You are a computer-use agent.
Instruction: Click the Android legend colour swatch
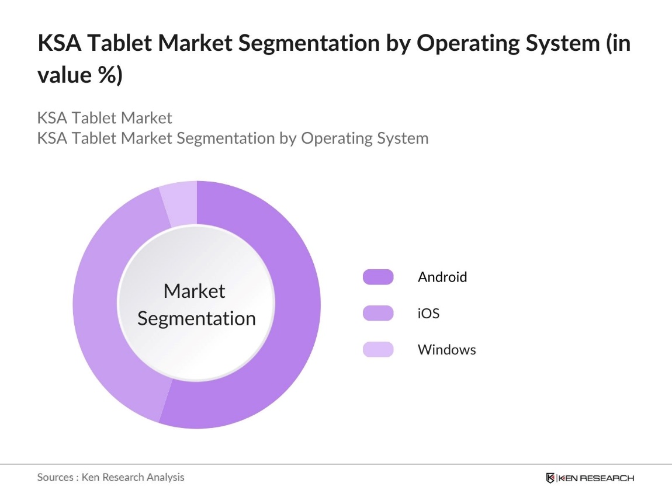coord(377,277)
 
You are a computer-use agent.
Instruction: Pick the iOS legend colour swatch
coord(377,314)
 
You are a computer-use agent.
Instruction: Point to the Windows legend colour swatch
coord(377,350)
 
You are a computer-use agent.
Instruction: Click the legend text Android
coord(442,277)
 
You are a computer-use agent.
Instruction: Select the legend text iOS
coord(428,314)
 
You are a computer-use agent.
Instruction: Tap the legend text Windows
coord(446,350)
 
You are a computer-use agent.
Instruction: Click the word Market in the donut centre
coord(194,291)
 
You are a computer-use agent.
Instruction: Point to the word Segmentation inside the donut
coord(196,318)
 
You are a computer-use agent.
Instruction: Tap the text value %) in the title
coord(80,76)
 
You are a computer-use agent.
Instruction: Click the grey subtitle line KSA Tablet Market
coord(105,118)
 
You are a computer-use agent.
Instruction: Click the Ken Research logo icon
coord(550,478)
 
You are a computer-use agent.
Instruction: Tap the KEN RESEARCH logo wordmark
coord(596,478)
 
